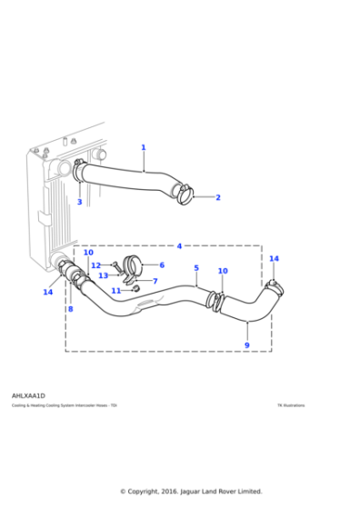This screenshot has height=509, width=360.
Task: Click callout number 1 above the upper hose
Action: [143, 147]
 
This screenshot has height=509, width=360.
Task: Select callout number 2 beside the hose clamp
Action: [218, 197]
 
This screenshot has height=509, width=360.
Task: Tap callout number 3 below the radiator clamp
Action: [79, 202]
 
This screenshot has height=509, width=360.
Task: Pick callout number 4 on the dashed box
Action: [179, 246]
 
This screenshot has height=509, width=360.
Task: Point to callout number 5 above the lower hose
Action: [195, 268]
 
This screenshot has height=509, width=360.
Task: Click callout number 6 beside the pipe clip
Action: [162, 265]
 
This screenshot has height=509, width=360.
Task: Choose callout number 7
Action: [155, 282]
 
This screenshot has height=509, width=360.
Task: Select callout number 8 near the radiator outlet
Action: [70, 309]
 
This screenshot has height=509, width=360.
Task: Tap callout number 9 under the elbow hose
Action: [246, 345]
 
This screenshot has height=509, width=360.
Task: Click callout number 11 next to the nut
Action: [115, 291]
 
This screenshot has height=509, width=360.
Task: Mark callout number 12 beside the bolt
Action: [95, 265]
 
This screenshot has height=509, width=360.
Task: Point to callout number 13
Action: [103, 275]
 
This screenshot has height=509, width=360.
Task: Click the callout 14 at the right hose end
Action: [274, 259]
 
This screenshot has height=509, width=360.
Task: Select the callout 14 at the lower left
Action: [47, 293]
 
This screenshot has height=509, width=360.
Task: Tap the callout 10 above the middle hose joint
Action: [223, 271]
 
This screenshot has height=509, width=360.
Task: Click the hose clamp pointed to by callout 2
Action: [185, 193]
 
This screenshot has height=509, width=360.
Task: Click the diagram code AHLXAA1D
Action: [28, 396]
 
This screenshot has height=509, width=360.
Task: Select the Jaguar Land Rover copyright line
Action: [191, 492]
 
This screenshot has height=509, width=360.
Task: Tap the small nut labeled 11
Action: [135, 290]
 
